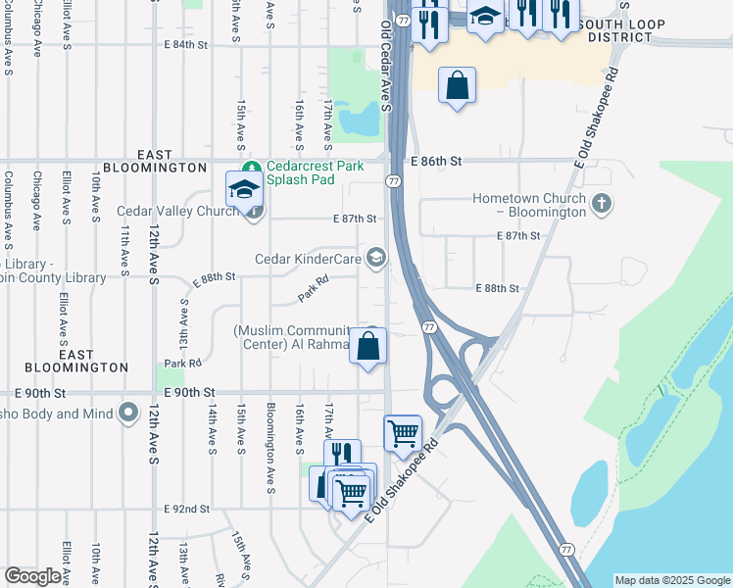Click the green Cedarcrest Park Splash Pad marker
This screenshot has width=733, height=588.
253,167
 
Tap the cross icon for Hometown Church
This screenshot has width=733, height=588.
602,204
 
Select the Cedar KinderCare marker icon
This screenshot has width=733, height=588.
375,259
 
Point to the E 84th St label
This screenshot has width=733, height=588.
186,45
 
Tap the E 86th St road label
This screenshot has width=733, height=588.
435,160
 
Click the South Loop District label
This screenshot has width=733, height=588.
622,30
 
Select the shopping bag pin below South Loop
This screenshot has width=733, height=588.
457,86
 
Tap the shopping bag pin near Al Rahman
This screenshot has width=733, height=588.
367,347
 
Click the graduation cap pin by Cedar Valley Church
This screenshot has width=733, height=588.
244,189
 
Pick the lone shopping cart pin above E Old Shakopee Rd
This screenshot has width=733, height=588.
403,433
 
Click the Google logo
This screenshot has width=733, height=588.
32,576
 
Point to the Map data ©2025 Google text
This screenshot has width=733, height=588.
671,580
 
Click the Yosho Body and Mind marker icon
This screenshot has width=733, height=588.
128,414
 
